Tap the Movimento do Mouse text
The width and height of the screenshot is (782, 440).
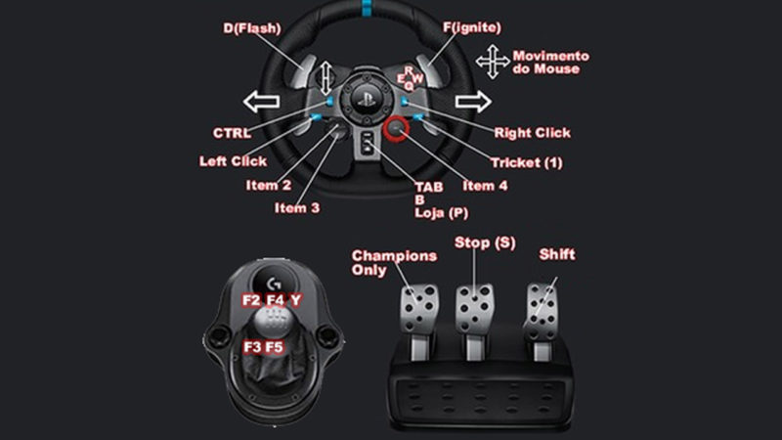coord(551,63)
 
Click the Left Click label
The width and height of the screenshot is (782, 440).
coord(233,160)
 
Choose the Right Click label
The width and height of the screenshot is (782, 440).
coord(532,132)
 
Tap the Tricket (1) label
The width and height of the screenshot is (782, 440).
coord(529,161)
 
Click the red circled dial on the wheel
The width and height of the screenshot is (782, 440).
coord(396,127)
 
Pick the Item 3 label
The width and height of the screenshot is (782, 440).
coord(296,207)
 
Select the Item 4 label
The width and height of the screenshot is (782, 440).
coord(485,185)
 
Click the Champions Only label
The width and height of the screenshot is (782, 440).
coord(380,262)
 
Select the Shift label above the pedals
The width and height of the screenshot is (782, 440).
coord(557,255)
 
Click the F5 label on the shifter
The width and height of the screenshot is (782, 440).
coord(275,346)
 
